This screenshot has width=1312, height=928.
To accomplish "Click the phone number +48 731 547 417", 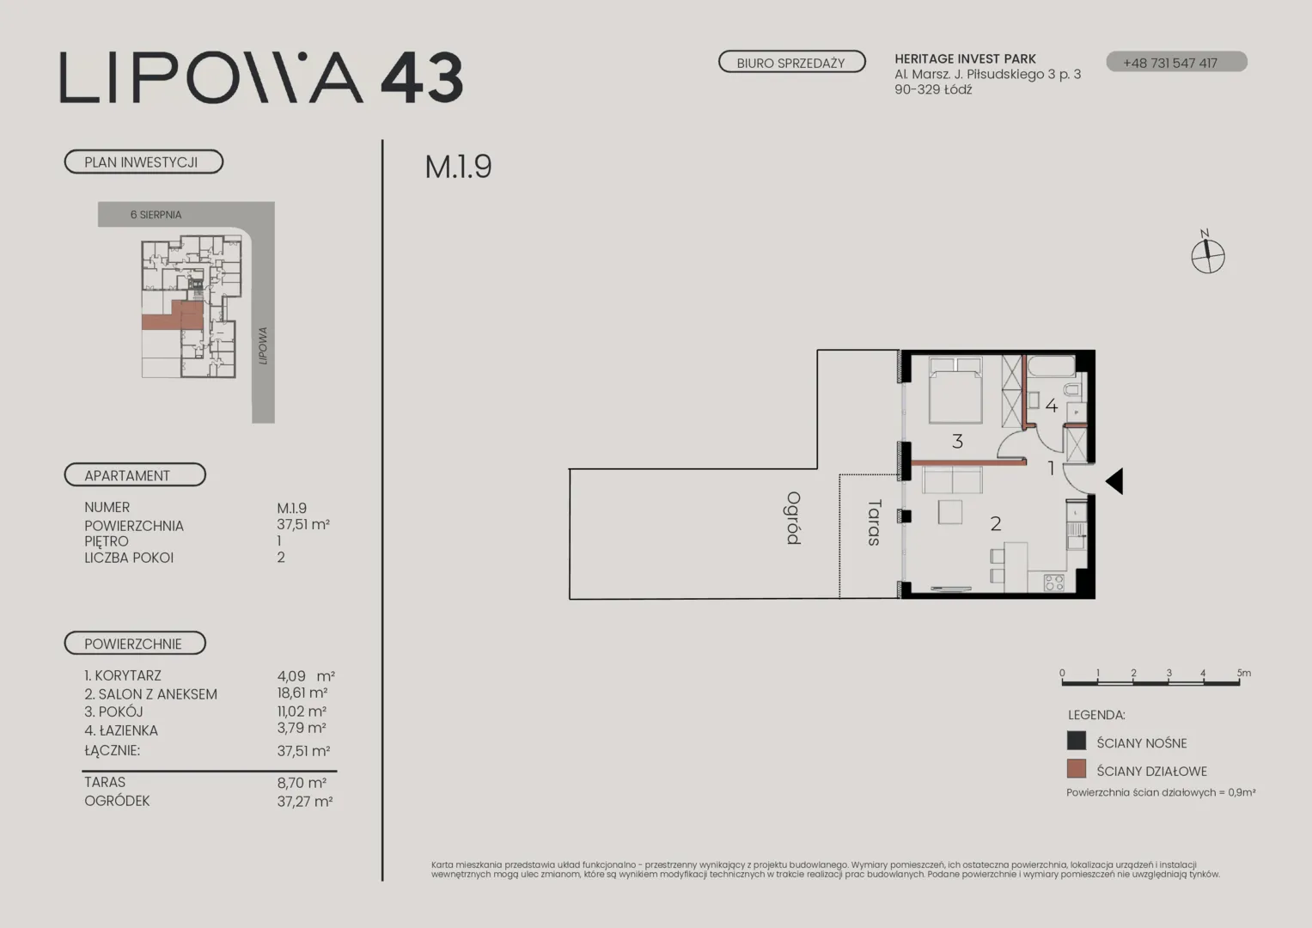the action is pos(1169,64).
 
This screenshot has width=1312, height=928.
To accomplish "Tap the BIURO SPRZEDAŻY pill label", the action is pos(791,62).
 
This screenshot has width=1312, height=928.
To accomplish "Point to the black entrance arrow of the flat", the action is pos(1114,481).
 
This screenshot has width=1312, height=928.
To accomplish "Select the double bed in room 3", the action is pos(955,390).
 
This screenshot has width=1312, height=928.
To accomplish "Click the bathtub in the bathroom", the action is pos(1052,366).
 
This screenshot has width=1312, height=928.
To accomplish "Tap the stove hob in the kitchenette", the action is pos(1054,583).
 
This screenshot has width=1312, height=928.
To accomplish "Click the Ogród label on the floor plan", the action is pos(794,518).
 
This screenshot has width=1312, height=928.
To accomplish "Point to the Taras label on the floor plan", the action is pos(874,522).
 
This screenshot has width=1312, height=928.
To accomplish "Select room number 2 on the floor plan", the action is pos(996,524).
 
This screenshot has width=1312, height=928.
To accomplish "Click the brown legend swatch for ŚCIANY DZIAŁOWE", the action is pos(1077,769).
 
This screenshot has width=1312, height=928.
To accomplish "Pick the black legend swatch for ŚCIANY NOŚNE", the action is pos(1077,741).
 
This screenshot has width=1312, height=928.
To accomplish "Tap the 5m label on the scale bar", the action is pos(1244,673).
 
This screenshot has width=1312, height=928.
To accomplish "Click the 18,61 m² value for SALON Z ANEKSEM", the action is pos(302,693).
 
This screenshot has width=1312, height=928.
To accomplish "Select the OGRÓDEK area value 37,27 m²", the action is pos(305,801).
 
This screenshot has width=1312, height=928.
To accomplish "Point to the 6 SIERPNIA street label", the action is pos(156,215).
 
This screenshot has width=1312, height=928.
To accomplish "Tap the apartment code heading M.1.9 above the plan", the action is pos(458,167).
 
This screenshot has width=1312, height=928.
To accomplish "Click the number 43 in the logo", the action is pos(423,78).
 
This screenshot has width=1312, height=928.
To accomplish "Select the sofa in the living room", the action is pos(952,480).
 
